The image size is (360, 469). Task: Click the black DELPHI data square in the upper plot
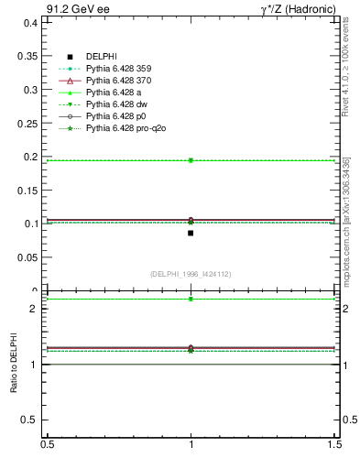click(x=191, y=233)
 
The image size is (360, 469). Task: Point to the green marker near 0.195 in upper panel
click(x=191, y=160)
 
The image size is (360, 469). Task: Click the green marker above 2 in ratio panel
click(x=191, y=299)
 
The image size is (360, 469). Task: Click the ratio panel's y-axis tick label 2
click(x=34, y=309)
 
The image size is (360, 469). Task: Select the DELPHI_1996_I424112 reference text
click(x=191, y=273)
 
